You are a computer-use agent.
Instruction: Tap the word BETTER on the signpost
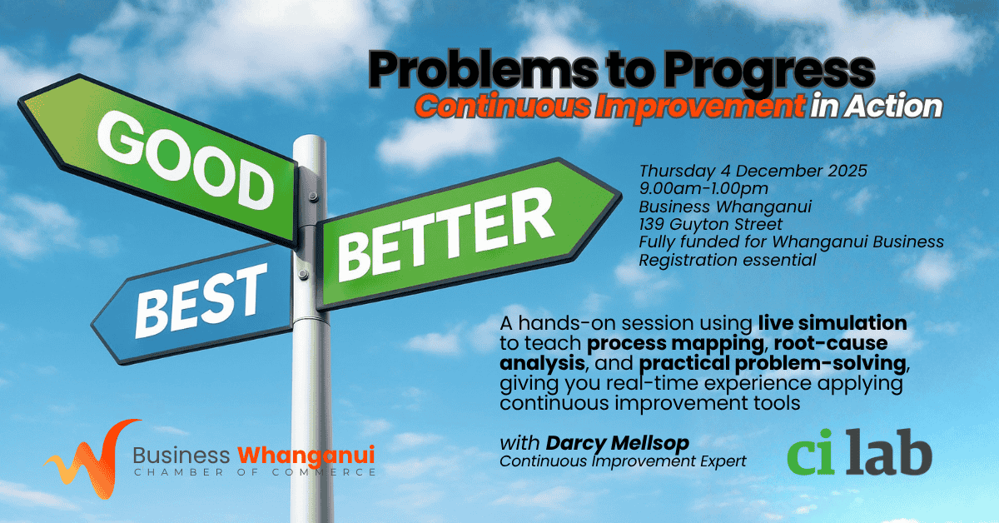(445, 234)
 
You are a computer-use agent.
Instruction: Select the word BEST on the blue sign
(201, 301)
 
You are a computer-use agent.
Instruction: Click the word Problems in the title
(483, 71)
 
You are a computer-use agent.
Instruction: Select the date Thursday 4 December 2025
(753, 171)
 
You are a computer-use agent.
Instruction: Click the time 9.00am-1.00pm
(703, 189)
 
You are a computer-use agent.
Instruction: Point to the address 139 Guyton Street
(710, 224)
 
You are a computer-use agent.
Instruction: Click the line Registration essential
(728, 260)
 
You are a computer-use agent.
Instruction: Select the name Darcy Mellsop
(617, 444)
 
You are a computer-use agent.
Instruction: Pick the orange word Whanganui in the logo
(306, 456)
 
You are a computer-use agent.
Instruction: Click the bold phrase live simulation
(832, 323)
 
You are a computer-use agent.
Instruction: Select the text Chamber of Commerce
(255, 472)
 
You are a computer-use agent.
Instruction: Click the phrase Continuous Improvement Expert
(623, 461)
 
